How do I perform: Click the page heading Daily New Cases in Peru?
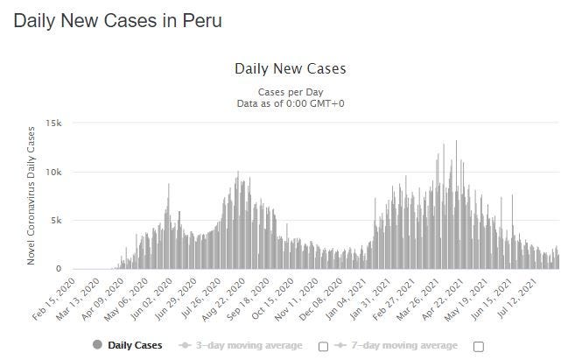click(x=118, y=20)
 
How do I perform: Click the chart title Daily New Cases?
click(x=291, y=68)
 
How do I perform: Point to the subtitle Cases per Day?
click(x=291, y=92)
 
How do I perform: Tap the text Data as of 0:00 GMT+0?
click(x=291, y=103)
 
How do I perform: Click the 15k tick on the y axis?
click(x=53, y=124)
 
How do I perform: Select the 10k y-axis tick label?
click(x=53, y=173)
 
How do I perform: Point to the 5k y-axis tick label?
click(x=56, y=221)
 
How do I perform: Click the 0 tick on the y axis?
click(x=59, y=269)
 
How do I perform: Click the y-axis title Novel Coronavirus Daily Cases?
click(x=31, y=196)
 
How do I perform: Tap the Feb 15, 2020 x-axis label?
click(x=54, y=299)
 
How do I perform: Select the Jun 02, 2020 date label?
click(x=151, y=299)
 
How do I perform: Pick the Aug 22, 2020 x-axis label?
click(x=224, y=300)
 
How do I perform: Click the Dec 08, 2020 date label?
click(x=321, y=299)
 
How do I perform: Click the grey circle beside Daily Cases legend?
click(x=97, y=345)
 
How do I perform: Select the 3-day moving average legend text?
click(x=249, y=345)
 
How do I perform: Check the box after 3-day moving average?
click(x=323, y=347)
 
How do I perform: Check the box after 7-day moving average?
click(x=479, y=347)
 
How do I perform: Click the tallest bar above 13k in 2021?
click(x=456, y=204)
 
